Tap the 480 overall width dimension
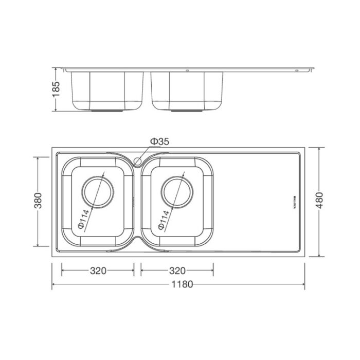320,202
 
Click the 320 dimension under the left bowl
98,271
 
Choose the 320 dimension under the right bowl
177,271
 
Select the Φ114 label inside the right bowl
164,218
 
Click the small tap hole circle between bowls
137,161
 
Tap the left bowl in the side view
107,90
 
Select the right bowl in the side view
187,90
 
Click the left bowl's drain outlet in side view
107,110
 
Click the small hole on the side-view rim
188,70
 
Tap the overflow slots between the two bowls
135,201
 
